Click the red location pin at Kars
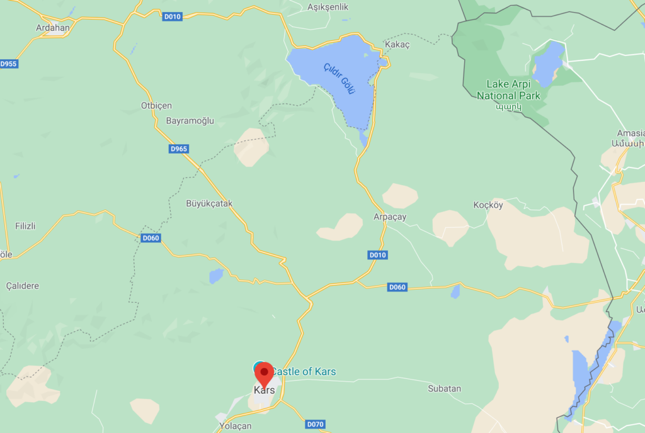click(263, 373)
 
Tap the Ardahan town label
click(53, 28)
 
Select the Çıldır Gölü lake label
click(340, 79)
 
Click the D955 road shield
click(9, 64)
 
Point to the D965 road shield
click(179, 149)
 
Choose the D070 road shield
click(316, 424)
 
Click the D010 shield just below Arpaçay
click(377, 255)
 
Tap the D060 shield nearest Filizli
click(151, 238)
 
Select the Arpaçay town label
click(390, 216)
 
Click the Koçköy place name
click(488, 205)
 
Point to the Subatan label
click(444, 388)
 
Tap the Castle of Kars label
click(303, 371)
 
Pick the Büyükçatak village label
click(209, 203)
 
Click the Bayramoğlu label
click(190, 120)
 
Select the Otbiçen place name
click(156, 105)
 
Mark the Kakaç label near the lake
click(397, 45)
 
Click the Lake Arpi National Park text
click(508, 90)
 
